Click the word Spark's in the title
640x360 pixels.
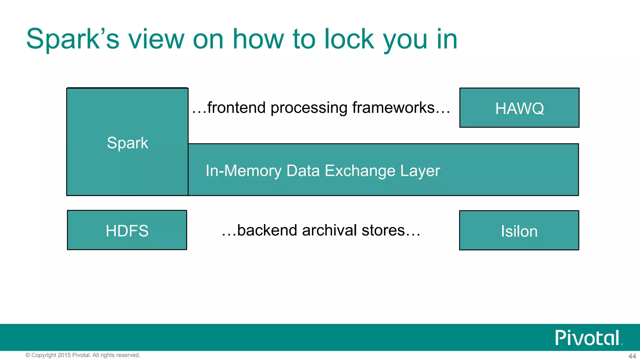(x=72, y=39)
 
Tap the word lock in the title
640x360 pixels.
(x=349, y=39)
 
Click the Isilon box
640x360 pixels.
(x=519, y=231)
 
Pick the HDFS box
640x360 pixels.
(x=127, y=230)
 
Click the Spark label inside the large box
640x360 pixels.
(x=127, y=143)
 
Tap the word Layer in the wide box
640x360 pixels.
(x=420, y=171)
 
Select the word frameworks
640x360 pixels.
(x=393, y=108)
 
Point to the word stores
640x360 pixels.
(x=383, y=230)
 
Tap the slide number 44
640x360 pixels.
(x=632, y=356)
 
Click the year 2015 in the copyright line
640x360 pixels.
(x=64, y=355)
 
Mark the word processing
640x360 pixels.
(x=309, y=108)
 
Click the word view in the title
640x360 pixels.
(x=156, y=39)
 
